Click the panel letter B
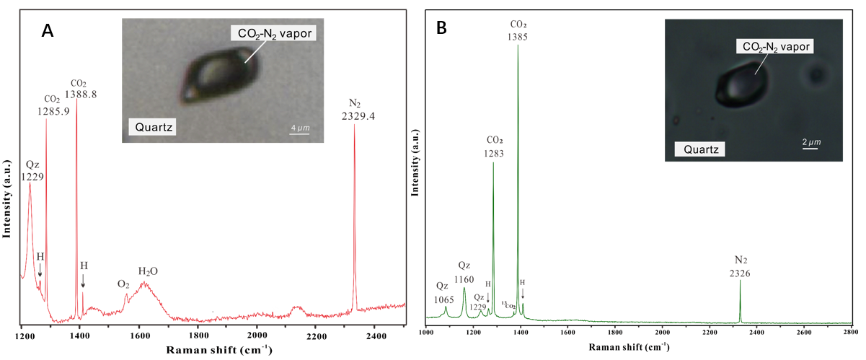click(441, 28)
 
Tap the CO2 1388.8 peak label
click(80, 89)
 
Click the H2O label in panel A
click(148, 271)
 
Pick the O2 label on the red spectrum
click(123, 284)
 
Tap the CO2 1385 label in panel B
click(517, 30)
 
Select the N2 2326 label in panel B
click(741, 266)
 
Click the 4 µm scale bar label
click(300, 128)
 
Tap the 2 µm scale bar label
click(810, 141)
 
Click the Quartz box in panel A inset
click(154, 128)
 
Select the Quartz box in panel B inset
click(699, 149)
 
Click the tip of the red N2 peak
click(354, 126)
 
